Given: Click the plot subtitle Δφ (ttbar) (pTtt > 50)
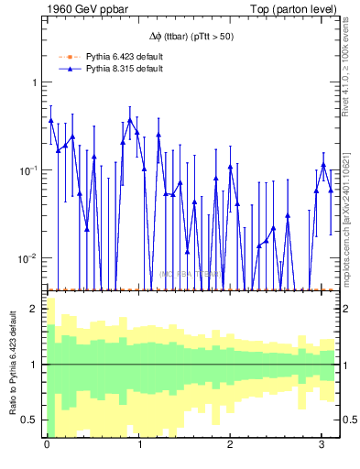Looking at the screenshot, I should click(x=191, y=37).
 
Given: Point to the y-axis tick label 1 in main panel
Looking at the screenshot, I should click(x=35, y=83).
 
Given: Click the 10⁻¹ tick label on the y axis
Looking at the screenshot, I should click(x=29, y=170).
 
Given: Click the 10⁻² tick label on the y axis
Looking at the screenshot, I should click(x=29, y=258).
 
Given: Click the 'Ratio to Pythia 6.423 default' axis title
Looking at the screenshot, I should click(x=12, y=364).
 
